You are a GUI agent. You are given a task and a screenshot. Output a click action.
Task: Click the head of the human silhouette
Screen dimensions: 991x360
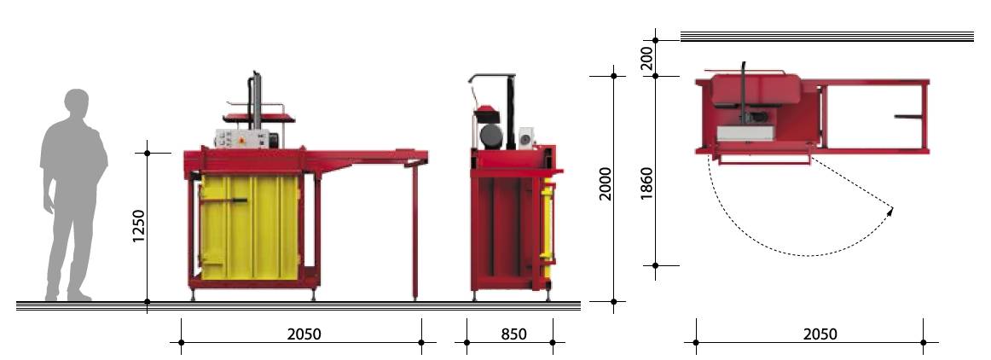[x=77, y=103]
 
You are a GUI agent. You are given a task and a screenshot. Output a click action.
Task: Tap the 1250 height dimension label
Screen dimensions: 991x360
[x=138, y=226]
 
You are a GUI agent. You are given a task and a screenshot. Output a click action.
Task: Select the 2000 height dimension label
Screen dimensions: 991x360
[x=606, y=183]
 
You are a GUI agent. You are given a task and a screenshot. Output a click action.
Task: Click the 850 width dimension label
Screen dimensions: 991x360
[x=513, y=334]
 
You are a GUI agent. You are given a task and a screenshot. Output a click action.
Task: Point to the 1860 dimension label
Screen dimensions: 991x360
[x=646, y=183]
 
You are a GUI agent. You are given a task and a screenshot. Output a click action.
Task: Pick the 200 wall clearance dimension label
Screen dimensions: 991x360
[x=646, y=58]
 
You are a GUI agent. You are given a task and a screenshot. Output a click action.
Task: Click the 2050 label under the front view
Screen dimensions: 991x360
[x=304, y=334]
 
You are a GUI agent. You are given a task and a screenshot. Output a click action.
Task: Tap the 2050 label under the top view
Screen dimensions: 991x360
[x=820, y=334]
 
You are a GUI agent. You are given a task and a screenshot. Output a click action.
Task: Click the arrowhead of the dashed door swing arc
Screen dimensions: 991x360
[x=890, y=212]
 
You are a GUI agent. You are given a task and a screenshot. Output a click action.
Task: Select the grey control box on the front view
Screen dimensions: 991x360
[x=242, y=138]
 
